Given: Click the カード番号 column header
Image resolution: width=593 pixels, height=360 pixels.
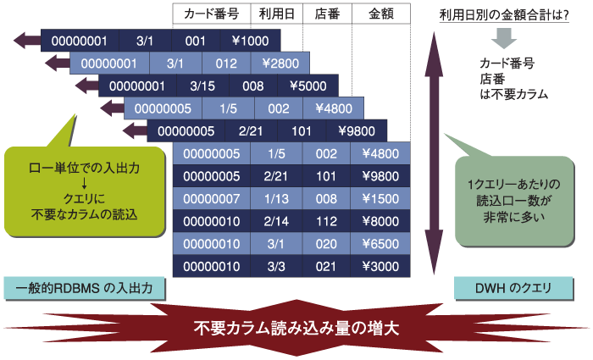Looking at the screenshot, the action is tap(212, 14).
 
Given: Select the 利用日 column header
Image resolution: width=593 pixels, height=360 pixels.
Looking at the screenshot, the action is tap(276, 14).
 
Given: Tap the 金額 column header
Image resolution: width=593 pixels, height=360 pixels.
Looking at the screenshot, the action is tap(381, 14).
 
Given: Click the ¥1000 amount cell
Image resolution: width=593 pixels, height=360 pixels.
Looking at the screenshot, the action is tap(251, 41).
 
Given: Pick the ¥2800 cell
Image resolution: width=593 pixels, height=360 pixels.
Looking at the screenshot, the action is tap(280, 64).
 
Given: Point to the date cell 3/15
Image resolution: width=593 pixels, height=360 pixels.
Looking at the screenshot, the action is tap(202, 86).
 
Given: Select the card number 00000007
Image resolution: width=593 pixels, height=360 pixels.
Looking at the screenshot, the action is tap(212, 198).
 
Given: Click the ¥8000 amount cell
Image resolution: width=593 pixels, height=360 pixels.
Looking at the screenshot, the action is tap(380, 221).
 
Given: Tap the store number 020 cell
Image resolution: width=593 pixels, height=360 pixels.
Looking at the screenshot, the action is tap(326, 244).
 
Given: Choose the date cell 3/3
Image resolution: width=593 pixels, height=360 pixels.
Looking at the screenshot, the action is tap(276, 266).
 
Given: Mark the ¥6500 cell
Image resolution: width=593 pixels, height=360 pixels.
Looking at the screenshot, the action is tap(380, 244).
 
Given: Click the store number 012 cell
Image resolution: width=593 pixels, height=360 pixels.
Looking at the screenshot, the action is tap(226, 64).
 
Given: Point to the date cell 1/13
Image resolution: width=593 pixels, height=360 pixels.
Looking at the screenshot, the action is tap(276, 198).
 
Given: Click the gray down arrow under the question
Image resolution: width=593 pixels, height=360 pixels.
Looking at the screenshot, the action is tap(504, 38).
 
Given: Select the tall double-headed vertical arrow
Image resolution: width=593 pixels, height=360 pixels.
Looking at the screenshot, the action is tap(434, 153).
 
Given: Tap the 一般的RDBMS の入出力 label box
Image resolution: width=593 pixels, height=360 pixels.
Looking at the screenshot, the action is tap(85, 289).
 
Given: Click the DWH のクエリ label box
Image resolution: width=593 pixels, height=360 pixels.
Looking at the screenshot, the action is tap(513, 289).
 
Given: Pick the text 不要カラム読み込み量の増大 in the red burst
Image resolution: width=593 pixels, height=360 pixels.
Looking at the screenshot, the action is tap(296, 328).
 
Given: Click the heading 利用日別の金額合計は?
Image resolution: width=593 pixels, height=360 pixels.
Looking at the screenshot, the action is tap(504, 15).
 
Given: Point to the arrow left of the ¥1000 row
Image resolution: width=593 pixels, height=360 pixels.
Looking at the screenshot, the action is tap(27, 41).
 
